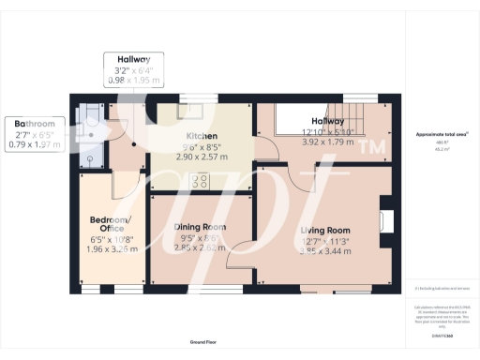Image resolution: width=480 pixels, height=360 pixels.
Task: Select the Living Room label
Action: click(324, 230)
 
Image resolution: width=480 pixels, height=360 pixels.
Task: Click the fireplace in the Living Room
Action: click(384, 221)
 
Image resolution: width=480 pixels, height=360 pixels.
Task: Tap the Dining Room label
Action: click(201, 227)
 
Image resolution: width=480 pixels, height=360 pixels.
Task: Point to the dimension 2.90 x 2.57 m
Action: click(202, 157)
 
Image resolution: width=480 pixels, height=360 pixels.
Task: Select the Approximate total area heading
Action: click(442, 135)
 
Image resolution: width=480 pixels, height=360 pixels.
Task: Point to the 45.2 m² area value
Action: click(442, 149)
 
